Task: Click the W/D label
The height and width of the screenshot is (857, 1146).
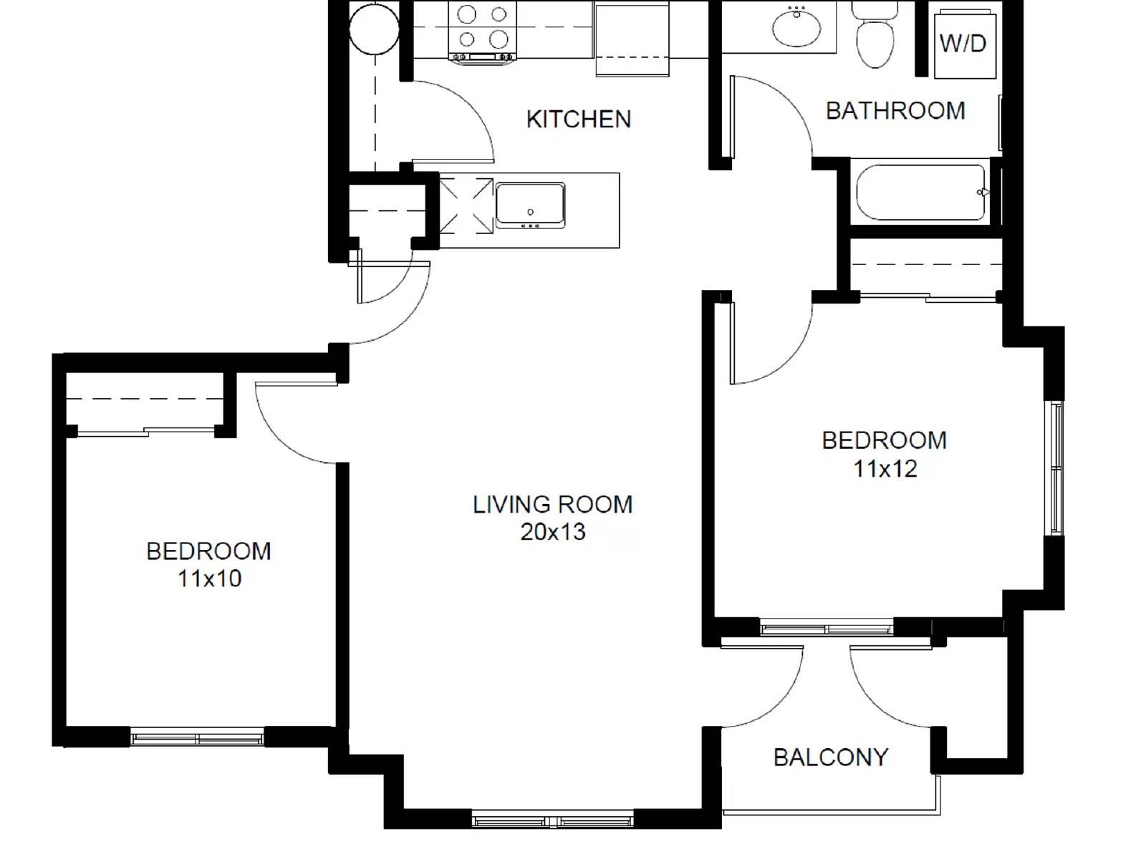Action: [x=963, y=44]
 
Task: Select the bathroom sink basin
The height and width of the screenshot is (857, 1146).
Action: [x=796, y=27]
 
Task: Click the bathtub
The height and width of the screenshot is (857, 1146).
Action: [x=921, y=193]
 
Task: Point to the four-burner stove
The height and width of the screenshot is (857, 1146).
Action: [x=482, y=30]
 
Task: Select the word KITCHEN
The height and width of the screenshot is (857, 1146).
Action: [x=579, y=119]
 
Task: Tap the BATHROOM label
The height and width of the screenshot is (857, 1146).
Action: [x=895, y=111]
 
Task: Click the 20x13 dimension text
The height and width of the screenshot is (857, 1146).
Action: [x=553, y=532]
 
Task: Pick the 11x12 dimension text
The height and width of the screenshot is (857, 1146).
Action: [x=885, y=469]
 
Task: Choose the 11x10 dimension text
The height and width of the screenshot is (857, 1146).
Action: [x=209, y=578]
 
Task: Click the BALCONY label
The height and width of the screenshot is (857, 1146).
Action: [x=831, y=757]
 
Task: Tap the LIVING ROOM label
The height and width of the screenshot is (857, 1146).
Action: [x=553, y=505]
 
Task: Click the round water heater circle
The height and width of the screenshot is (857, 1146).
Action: [x=373, y=29]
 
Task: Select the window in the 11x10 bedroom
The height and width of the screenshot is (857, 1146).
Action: [x=197, y=737]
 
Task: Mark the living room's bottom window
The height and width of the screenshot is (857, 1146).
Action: [x=552, y=820]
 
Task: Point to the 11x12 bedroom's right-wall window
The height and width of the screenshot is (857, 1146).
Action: [x=1056, y=468]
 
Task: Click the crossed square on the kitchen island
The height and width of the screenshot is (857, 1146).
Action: [x=466, y=206]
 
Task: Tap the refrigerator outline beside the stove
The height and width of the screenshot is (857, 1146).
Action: [x=632, y=37]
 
